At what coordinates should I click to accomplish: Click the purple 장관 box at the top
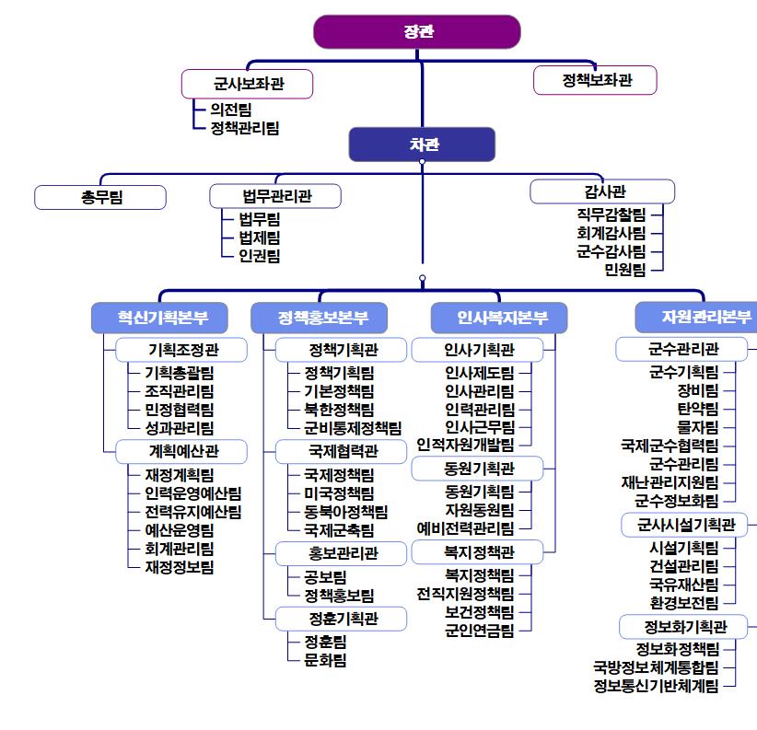click(417, 31)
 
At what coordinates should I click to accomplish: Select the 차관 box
click(422, 145)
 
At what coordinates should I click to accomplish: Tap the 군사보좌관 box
click(248, 84)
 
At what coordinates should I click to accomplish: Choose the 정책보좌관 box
click(596, 80)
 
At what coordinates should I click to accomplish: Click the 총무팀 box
click(100, 197)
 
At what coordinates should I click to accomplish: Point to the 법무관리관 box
click(275, 196)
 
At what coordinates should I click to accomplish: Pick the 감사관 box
click(603, 191)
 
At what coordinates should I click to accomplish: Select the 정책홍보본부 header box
click(320, 318)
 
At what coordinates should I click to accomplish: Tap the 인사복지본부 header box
click(499, 318)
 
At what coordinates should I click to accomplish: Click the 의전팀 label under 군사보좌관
click(230, 109)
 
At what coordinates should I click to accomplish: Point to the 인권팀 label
click(259, 256)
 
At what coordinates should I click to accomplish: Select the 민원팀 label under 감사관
click(624, 269)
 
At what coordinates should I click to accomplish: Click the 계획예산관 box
click(182, 451)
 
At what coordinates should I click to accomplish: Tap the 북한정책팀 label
click(338, 409)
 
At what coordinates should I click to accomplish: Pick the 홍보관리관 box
click(342, 553)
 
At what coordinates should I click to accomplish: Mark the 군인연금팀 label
click(479, 630)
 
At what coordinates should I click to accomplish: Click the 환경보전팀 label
click(683, 603)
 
